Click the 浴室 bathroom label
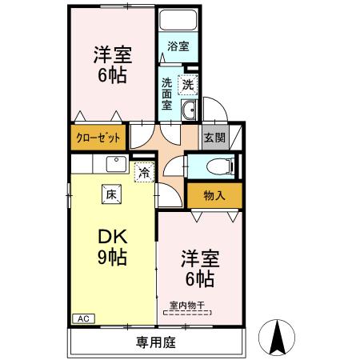[x=178, y=47]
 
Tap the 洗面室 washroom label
[x=167, y=93]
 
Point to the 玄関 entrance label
[x=212, y=136]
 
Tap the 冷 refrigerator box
[x=144, y=170]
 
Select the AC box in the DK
[x=83, y=318]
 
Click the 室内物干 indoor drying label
[x=188, y=304]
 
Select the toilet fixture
[x=217, y=166]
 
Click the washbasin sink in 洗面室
[x=190, y=111]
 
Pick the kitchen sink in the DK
[x=114, y=165]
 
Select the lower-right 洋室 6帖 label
[x=197, y=268]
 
